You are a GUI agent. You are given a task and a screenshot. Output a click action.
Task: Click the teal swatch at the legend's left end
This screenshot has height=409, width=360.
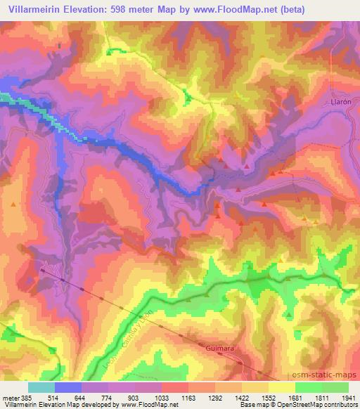tap(41, 387)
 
